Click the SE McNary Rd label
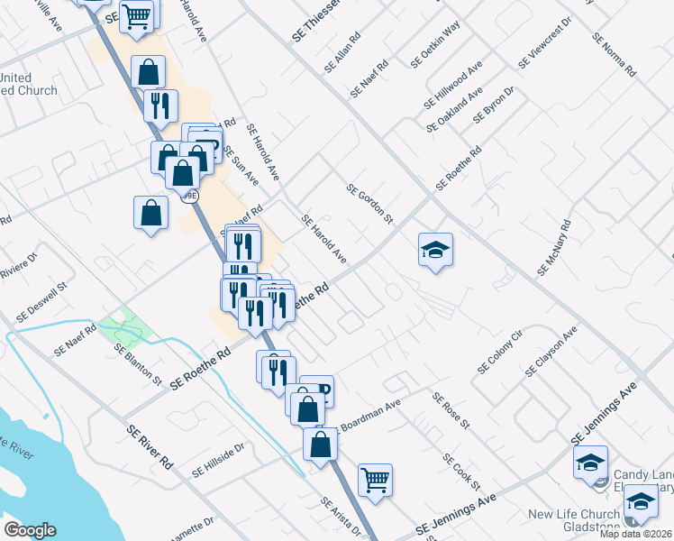point(554,247)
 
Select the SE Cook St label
point(460,471)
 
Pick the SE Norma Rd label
point(613,53)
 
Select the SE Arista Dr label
point(341,516)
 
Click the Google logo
point(30,530)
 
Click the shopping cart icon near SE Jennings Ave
point(375,480)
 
